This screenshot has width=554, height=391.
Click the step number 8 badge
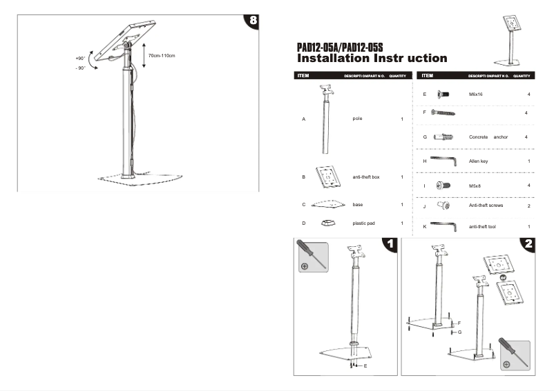[x=254, y=21]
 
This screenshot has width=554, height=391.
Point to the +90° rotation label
[x=80, y=59]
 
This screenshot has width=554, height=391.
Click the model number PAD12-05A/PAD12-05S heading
[x=339, y=47]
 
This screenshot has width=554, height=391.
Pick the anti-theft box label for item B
[x=366, y=177]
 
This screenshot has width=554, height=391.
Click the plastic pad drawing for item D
[x=328, y=223]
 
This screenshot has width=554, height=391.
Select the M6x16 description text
[x=475, y=94]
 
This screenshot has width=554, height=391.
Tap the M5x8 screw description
[x=475, y=186]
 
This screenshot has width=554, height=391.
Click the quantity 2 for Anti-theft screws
[x=528, y=206]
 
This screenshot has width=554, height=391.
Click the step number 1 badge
[x=390, y=243]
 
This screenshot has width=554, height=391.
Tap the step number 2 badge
[x=528, y=243]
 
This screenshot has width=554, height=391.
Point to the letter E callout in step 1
[x=365, y=366]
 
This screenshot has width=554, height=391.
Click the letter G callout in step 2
[x=459, y=332]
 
